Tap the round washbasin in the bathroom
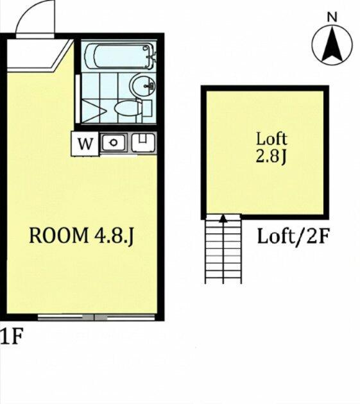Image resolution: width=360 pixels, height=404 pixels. (x=143, y=85)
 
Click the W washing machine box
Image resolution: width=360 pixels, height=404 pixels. (x=85, y=144)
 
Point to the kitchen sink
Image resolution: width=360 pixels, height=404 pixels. (x=114, y=142)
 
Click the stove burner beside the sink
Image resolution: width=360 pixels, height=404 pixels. (x=143, y=142)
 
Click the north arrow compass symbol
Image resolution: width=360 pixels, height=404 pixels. (x=332, y=45)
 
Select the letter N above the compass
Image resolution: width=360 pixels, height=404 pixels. (x=332, y=17)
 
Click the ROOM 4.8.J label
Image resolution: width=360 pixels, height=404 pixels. (x=81, y=236)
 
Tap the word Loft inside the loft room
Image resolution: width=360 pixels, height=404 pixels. (x=271, y=139)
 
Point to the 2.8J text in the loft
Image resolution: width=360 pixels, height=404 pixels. (x=271, y=156)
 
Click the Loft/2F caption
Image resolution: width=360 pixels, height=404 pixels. (x=293, y=237)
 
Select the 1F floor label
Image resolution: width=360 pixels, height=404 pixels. (x=12, y=336)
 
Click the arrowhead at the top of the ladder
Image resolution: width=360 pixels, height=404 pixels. (x=223, y=219)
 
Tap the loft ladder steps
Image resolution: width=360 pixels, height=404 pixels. (x=223, y=249)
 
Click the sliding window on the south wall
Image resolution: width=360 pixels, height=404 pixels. (x=96, y=317)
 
